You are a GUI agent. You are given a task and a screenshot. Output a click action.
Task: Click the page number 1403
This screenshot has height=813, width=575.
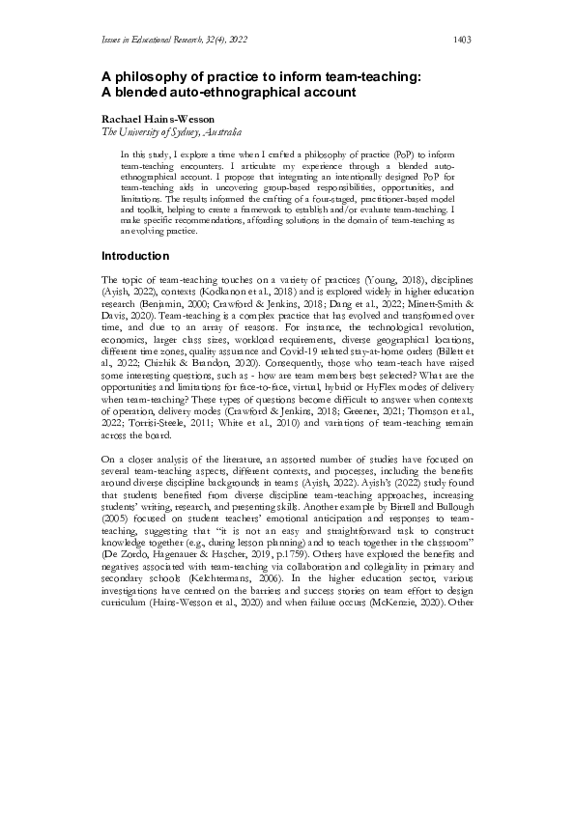pos(461,40)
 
